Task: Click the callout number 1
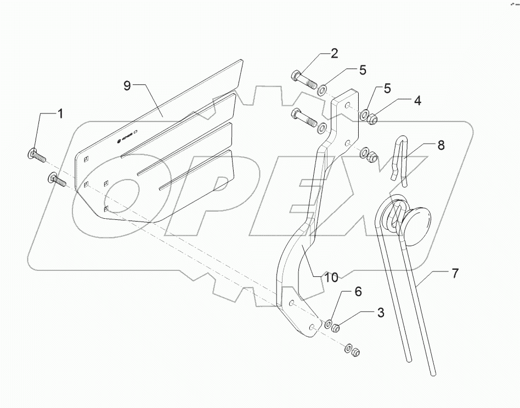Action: click(60, 114)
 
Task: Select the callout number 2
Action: click(334, 54)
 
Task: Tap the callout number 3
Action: click(380, 313)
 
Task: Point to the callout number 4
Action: click(417, 101)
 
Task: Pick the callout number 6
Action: click(358, 292)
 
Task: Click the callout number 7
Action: click(455, 273)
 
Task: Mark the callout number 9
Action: click(127, 86)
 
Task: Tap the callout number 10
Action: click(331, 278)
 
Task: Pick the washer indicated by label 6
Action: click(329, 324)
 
